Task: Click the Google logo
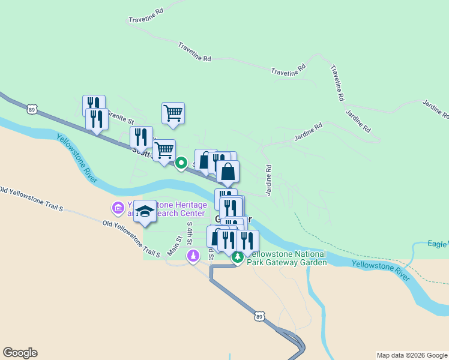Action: [20, 353]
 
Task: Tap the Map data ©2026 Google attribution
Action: [412, 355]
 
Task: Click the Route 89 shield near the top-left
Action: [32, 109]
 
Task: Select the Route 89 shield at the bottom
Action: [259, 316]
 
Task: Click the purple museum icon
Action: [118, 209]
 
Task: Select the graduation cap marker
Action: [145, 211]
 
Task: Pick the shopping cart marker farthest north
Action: [173, 113]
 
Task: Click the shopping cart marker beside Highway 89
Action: [164, 150]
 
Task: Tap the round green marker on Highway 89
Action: [181, 163]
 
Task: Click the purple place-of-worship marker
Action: [193, 257]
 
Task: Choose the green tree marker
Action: [238, 257]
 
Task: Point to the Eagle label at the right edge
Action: [438, 244]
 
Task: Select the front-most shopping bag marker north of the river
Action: [228, 172]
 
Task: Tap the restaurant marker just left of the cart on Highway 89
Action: [142, 137]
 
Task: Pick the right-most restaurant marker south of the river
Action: [247, 241]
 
